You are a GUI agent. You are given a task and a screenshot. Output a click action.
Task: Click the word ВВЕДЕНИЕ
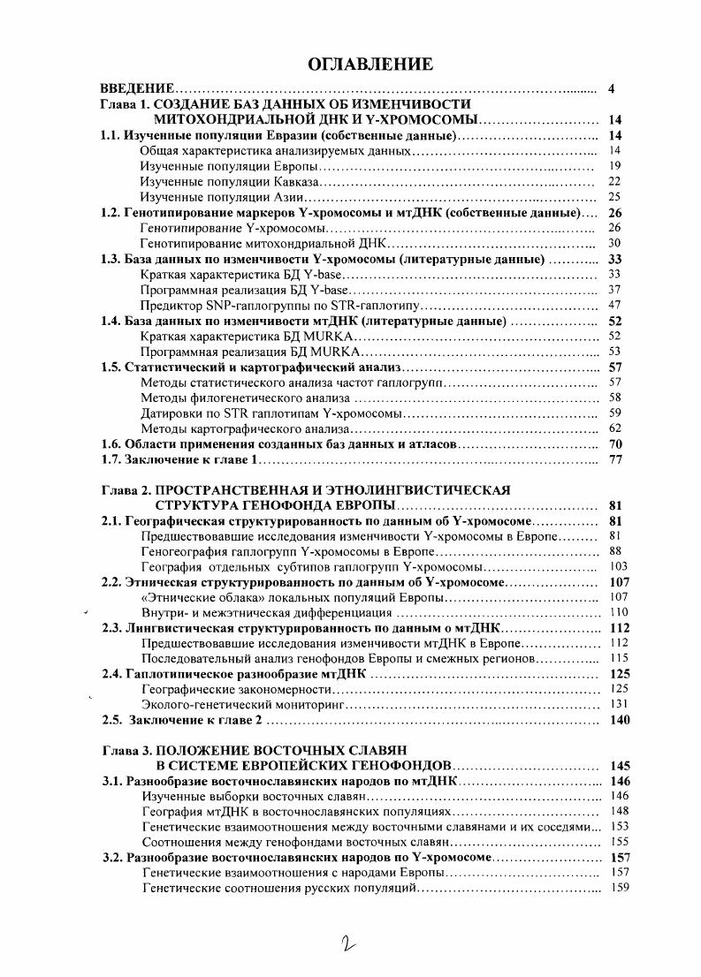[136, 89]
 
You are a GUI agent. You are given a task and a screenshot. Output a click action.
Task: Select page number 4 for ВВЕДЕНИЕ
[612, 89]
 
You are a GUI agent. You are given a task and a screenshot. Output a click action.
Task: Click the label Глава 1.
[123, 104]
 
